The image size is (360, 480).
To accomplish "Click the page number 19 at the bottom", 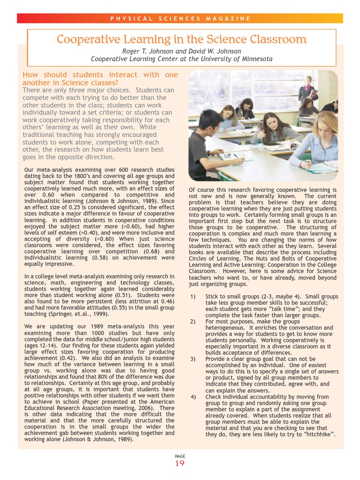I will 180,464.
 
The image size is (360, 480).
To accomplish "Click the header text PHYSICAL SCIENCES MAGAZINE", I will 180,19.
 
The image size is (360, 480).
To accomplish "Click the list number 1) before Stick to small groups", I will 193,297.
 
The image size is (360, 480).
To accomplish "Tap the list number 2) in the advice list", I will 193,322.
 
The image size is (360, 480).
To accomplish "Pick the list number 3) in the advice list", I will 193,359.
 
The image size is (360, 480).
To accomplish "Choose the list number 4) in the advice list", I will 193,397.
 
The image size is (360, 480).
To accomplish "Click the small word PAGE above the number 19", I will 180,455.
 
